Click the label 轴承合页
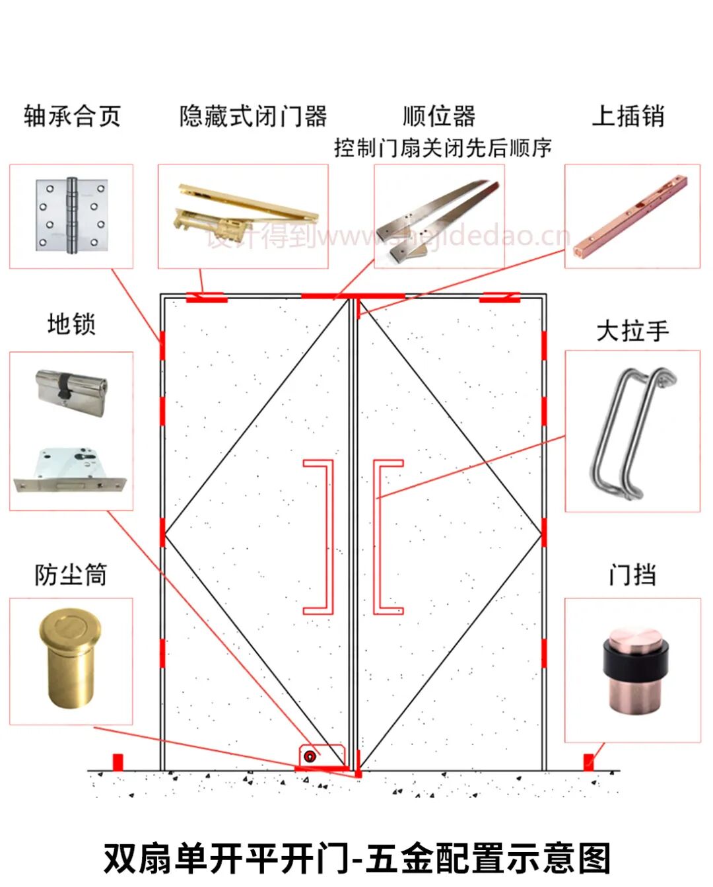point(72,116)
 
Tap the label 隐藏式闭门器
point(254,116)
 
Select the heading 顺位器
point(439,116)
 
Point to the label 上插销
point(628,116)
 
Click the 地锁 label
point(71,324)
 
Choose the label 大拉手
point(632,330)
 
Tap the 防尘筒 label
point(71,575)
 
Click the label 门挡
point(632,575)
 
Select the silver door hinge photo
point(71,216)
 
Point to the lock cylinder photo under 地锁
point(71,390)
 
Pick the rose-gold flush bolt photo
point(632,216)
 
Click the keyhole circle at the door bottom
point(309,757)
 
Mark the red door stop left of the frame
point(118,762)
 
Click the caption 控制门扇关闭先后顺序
point(442,148)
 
